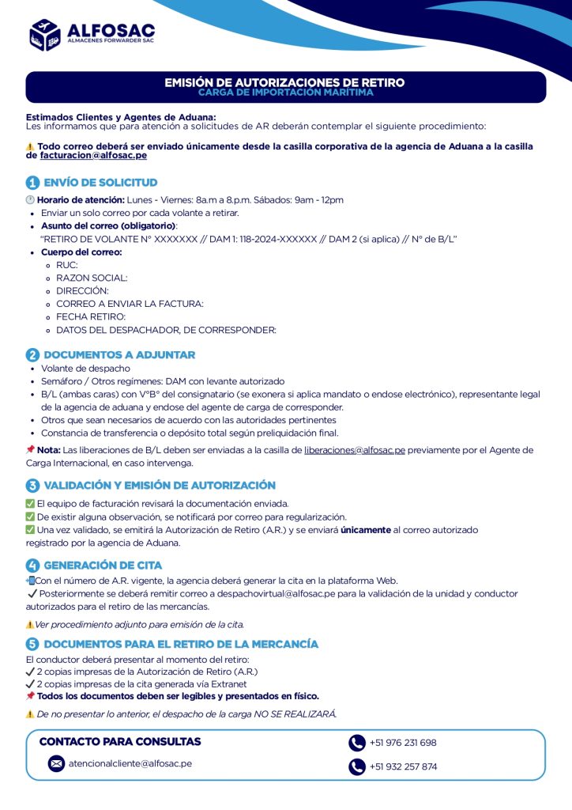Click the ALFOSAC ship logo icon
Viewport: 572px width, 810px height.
tap(45, 35)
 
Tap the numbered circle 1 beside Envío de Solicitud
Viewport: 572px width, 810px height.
tap(32, 183)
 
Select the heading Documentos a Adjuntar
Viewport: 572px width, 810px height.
tap(119, 355)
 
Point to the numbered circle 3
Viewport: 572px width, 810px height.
tap(32, 486)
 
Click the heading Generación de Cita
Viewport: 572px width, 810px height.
tap(103, 565)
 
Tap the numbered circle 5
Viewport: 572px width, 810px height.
tap(32, 644)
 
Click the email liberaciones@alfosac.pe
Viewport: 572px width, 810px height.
tap(355, 450)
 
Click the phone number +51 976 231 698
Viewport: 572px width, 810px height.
tap(403, 743)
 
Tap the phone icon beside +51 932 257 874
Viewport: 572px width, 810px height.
tap(357, 766)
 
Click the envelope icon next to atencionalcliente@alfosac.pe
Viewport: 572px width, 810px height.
tap(56, 763)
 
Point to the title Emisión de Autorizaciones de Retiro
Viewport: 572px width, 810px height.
tap(284, 82)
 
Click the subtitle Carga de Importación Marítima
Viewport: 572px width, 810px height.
tap(285, 93)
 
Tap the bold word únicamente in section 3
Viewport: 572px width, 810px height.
tap(366, 530)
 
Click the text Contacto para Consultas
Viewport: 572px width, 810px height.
tap(120, 742)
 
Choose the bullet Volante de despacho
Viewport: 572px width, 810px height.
tap(85, 369)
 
